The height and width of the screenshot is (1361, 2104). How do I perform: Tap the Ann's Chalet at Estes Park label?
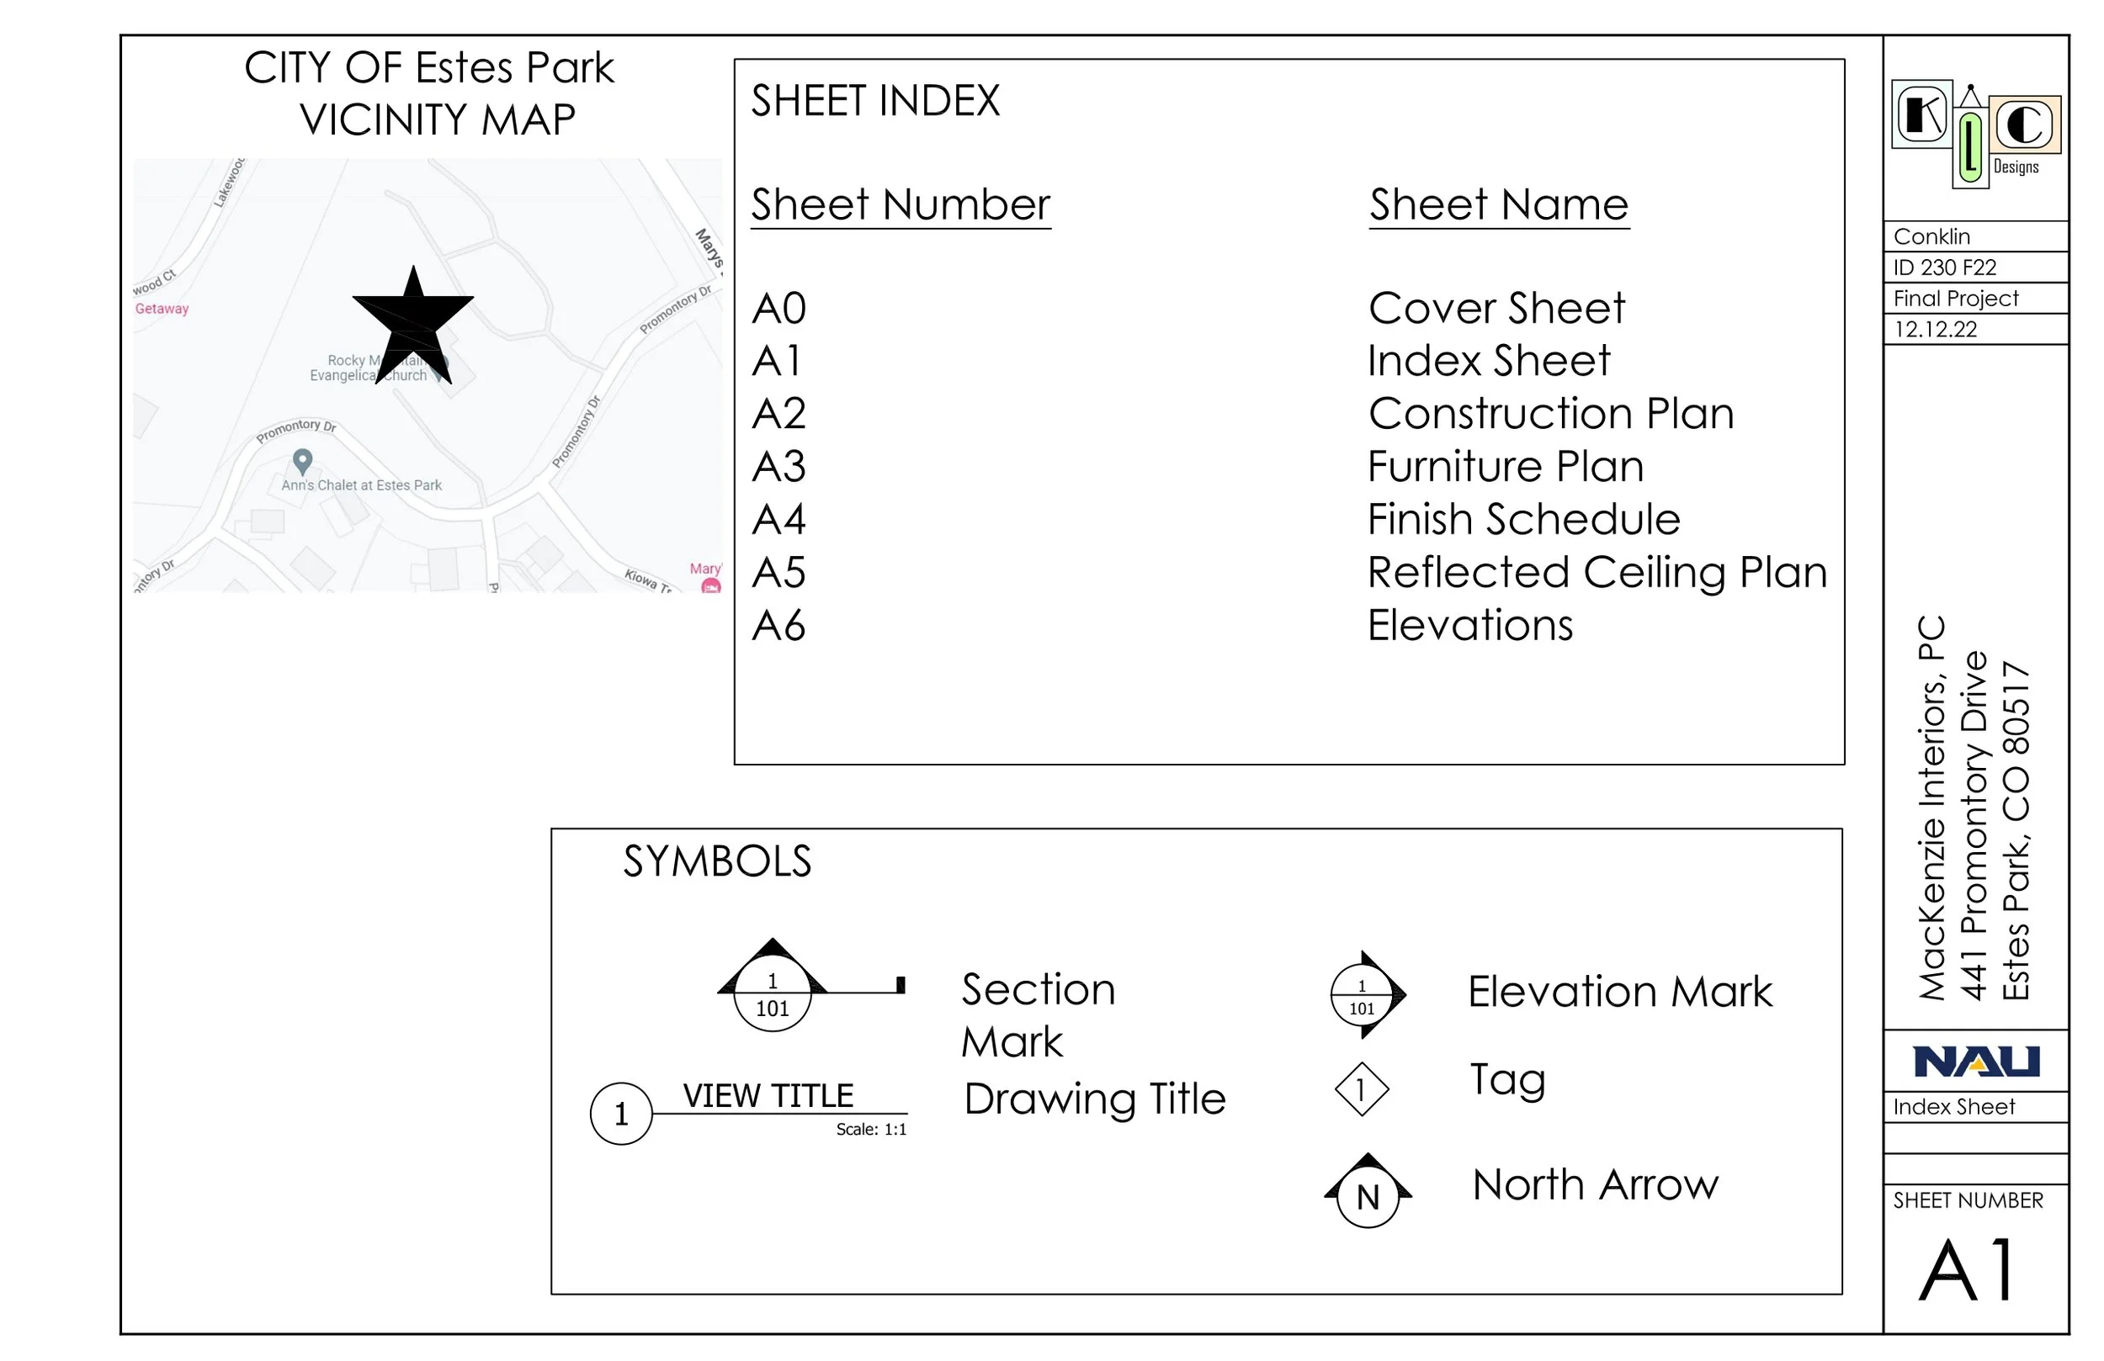tap(362, 485)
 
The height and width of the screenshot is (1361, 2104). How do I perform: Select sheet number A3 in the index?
tap(778, 467)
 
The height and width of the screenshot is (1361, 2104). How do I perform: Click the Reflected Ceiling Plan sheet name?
tap(1597, 573)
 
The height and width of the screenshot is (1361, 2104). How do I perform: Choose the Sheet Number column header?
tap(900, 205)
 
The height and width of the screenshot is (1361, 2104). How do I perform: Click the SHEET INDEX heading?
tap(875, 101)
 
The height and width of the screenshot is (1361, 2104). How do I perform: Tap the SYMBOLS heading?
tap(717, 861)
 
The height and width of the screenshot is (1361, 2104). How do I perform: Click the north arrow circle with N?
tap(1368, 1197)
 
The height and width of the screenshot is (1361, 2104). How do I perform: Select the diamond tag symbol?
tap(1362, 1088)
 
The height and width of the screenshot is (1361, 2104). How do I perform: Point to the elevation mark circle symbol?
tap(1363, 996)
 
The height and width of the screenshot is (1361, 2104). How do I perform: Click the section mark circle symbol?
tap(773, 995)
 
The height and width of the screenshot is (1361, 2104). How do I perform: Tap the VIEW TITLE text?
tap(768, 1096)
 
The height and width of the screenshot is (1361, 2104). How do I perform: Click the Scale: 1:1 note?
tap(871, 1130)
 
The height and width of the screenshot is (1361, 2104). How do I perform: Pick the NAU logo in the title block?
tap(1976, 1062)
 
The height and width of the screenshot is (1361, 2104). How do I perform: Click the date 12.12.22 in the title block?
tap(1935, 330)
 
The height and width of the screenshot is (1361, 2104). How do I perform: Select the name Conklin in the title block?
tap(1931, 237)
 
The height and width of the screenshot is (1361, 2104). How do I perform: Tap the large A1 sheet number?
tap(1969, 1269)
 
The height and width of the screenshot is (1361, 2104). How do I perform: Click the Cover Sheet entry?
tap(1496, 309)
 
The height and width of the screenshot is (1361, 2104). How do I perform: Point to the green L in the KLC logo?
tap(1969, 146)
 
